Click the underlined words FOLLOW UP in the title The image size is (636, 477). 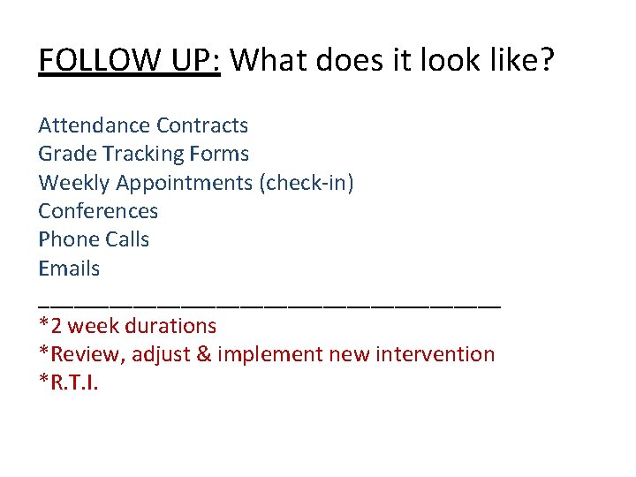pos(129,60)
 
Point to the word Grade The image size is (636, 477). pos(67,154)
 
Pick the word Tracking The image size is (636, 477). pos(143,155)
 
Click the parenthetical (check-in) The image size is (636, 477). pos(306,183)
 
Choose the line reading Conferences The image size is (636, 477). pos(98,211)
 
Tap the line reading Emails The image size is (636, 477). pos(69,269)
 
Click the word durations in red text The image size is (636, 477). pos(170,326)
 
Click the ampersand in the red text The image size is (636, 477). pos(203,354)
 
